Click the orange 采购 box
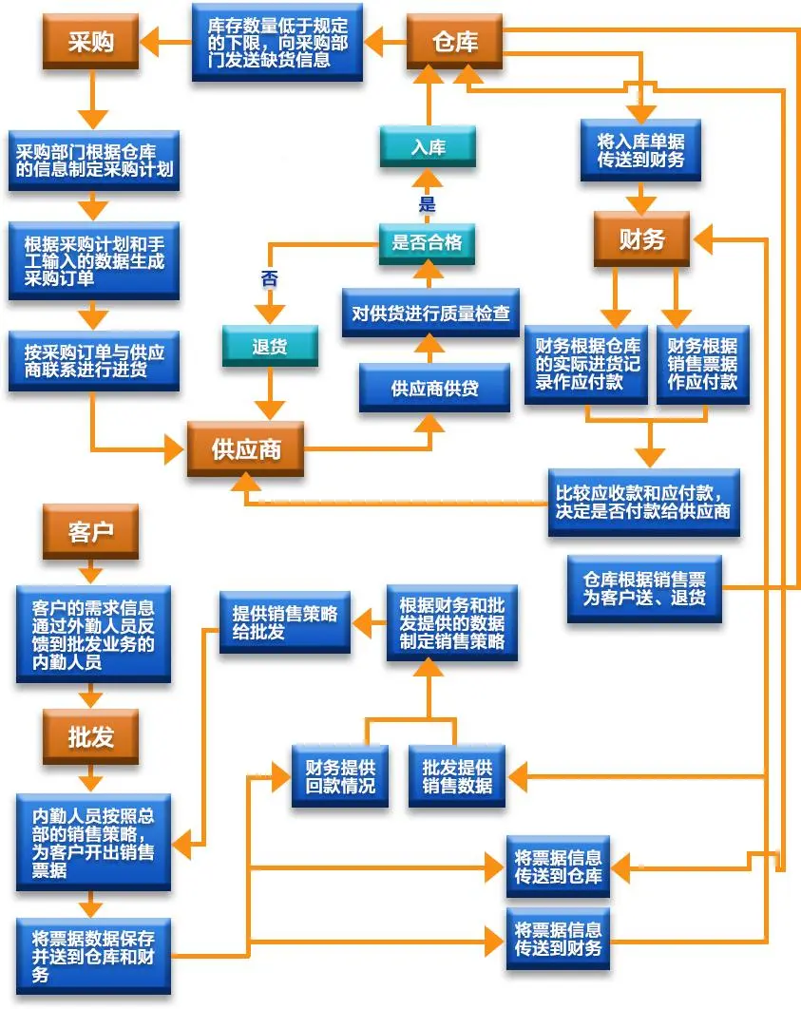[x=90, y=42]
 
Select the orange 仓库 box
[x=455, y=42]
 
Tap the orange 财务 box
[x=641, y=239]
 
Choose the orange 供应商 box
[x=246, y=448]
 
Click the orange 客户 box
[x=90, y=531]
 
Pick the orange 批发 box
[x=90, y=737]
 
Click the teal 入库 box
[x=428, y=147]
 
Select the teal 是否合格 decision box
[x=427, y=242]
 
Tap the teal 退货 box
[x=270, y=347]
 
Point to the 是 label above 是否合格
[x=427, y=204]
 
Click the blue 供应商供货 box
[x=434, y=388]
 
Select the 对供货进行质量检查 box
[x=430, y=313]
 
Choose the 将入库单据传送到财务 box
[x=640, y=150]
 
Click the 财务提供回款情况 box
[x=340, y=776]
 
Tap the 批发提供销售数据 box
[x=457, y=776]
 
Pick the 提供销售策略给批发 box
[x=285, y=623]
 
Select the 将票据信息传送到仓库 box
[x=558, y=866]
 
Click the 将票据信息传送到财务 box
[x=558, y=938]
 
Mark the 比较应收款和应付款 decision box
[x=643, y=501]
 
